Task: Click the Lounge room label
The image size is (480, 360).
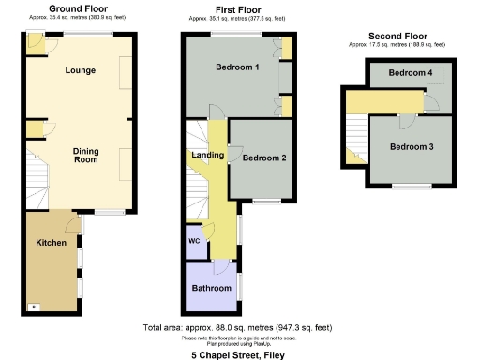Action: coord(80,70)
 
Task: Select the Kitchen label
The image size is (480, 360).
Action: coord(51,243)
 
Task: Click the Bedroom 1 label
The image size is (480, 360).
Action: coord(231,68)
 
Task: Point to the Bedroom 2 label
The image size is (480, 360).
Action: coord(263,157)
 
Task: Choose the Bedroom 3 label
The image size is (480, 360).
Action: coord(412,146)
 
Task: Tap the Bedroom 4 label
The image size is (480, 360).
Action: coord(411,73)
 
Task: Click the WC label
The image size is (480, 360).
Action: coord(194,240)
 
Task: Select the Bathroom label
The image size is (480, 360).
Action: coord(210,288)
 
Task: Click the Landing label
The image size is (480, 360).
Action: coord(207,155)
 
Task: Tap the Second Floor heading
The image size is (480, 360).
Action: coord(397,36)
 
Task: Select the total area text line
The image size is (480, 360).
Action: coord(237,327)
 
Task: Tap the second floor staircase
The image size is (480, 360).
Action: coord(355,136)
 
